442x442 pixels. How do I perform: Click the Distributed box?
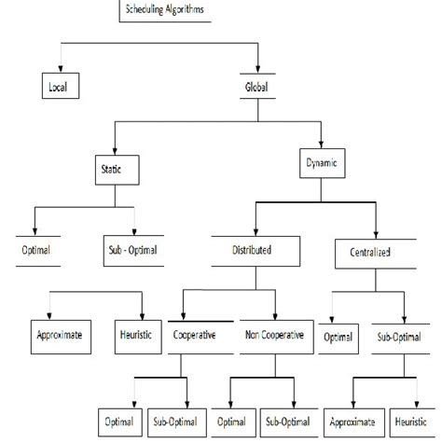(252, 250)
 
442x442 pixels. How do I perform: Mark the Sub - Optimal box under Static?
(134, 251)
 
